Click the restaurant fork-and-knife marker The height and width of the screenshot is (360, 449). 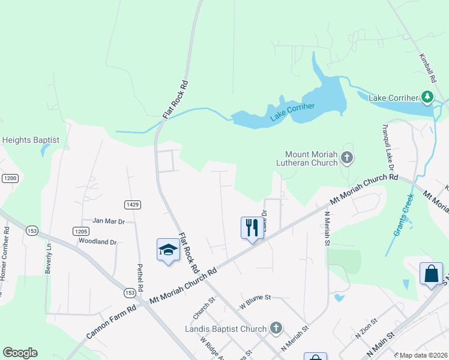pos(252,227)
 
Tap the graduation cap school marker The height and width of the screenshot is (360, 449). pos(168,250)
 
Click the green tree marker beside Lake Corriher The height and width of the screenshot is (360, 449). pos(427,97)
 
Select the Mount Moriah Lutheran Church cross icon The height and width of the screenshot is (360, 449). pos(346,158)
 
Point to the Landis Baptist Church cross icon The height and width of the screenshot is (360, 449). pos(276,328)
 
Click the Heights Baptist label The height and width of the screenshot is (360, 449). pos(31,140)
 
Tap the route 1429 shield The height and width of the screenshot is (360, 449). pos(133,205)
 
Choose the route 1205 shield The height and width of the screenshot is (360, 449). pos(82,231)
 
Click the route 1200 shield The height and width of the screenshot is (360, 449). pos(10,178)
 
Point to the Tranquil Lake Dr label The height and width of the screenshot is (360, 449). pos(386,146)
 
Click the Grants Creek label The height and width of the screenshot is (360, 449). pos(404,217)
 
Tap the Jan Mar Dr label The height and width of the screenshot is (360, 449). pos(108,221)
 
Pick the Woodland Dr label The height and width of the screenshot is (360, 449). pos(97,241)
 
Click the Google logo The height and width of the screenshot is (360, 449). pos(20,353)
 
